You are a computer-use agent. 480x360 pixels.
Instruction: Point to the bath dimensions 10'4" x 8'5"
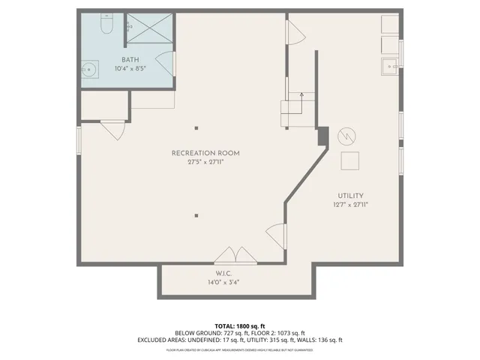pyautogui.click(x=130, y=68)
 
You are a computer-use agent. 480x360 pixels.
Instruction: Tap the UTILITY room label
pyautogui.click(x=350, y=195)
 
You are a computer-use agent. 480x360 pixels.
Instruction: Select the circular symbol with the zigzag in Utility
pyautogui.click(x=347, y=136)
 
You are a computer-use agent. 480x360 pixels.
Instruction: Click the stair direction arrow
pyautogui.click(x=302, y=96)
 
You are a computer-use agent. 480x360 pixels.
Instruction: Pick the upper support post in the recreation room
pyautogui.click(x=196, y=127)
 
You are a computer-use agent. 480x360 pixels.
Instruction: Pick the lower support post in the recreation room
pyautogui.click(x=196, y=215)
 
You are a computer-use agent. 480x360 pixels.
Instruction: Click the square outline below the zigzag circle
pyautogui.click(x=350, y=160)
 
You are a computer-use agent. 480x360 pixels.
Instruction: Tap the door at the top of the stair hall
pyautogui.click(x=295, y=32)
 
